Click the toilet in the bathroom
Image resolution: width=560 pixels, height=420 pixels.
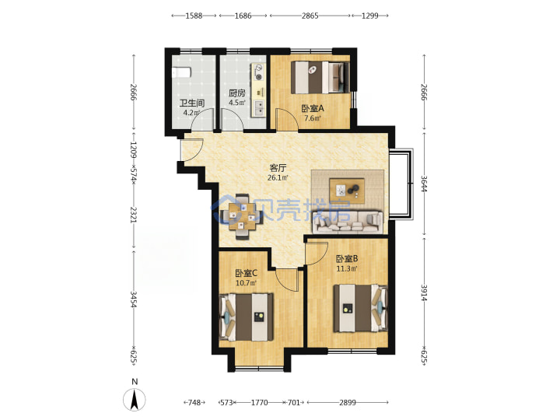click(181, 72)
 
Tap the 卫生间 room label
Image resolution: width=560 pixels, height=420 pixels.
click(192, 103)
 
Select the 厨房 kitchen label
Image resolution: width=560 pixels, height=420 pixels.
click(237, 93)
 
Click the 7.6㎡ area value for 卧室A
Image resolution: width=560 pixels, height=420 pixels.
click(313, 118)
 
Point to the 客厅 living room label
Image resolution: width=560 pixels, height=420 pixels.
click(278, 167)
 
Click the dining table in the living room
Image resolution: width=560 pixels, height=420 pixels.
click(242, 216)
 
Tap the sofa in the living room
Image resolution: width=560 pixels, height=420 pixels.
click(348, 222)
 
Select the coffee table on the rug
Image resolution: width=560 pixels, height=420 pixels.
click(347, 191)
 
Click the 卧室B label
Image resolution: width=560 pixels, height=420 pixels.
click(347, 258)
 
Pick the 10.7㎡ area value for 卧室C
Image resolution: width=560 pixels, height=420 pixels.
click(247, 283)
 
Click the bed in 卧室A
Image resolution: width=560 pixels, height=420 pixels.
click(320, 77)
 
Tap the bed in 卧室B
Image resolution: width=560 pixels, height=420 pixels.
click(361, 308)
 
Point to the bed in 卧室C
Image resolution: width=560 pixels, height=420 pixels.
click(246, 317)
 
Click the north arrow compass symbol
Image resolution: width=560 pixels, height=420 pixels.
click(135, 399)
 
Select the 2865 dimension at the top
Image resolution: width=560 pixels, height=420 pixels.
click(310, 16)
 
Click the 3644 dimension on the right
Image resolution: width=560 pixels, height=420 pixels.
click(424, 184)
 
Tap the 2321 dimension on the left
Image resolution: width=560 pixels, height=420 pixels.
click(133, 215)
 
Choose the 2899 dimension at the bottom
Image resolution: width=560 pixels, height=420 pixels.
click(348, 403)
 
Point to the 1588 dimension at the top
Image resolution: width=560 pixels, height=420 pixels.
click(194, 16)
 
